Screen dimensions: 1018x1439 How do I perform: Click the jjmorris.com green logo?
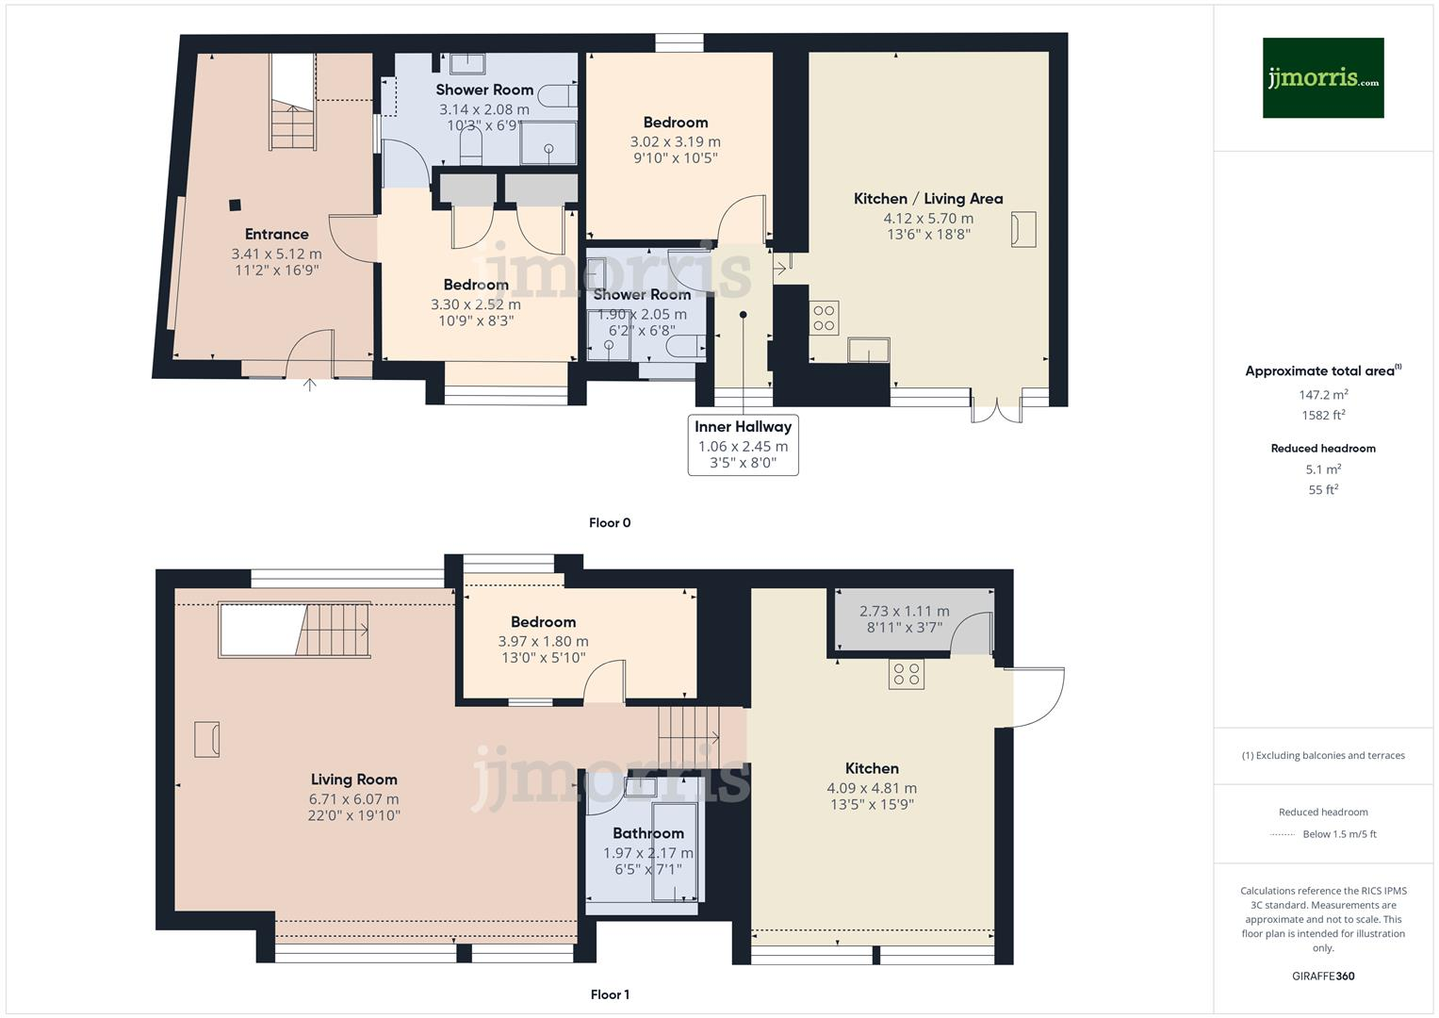(1322, 77)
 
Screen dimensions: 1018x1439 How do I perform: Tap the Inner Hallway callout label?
(743, 427)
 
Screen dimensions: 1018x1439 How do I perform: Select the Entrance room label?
(276, 234)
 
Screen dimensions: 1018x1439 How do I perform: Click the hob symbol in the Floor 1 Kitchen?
(907, 674)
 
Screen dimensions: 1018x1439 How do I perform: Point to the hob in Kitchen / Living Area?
(824, 318)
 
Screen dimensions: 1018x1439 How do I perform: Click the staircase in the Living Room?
(335, 630)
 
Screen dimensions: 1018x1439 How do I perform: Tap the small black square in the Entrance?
(234, 204)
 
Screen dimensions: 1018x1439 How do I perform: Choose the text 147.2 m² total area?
(1322, 395)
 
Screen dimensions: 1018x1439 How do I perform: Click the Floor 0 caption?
(609, 522)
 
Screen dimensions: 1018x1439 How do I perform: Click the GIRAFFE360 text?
(1322, 976)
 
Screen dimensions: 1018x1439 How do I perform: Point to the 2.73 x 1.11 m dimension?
(904, 611)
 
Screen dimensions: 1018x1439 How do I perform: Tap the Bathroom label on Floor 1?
(647, 833)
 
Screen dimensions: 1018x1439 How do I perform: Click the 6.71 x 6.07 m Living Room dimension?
(353, 798)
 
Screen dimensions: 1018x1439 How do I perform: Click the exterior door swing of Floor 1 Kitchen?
(1037, 696)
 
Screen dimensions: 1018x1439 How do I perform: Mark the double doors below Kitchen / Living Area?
(996, 409)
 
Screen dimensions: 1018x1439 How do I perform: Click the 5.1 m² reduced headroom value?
(1322, 468)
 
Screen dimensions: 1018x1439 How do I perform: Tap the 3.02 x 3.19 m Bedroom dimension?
(675, 141)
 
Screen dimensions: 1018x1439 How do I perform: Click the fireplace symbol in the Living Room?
(206, 738)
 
